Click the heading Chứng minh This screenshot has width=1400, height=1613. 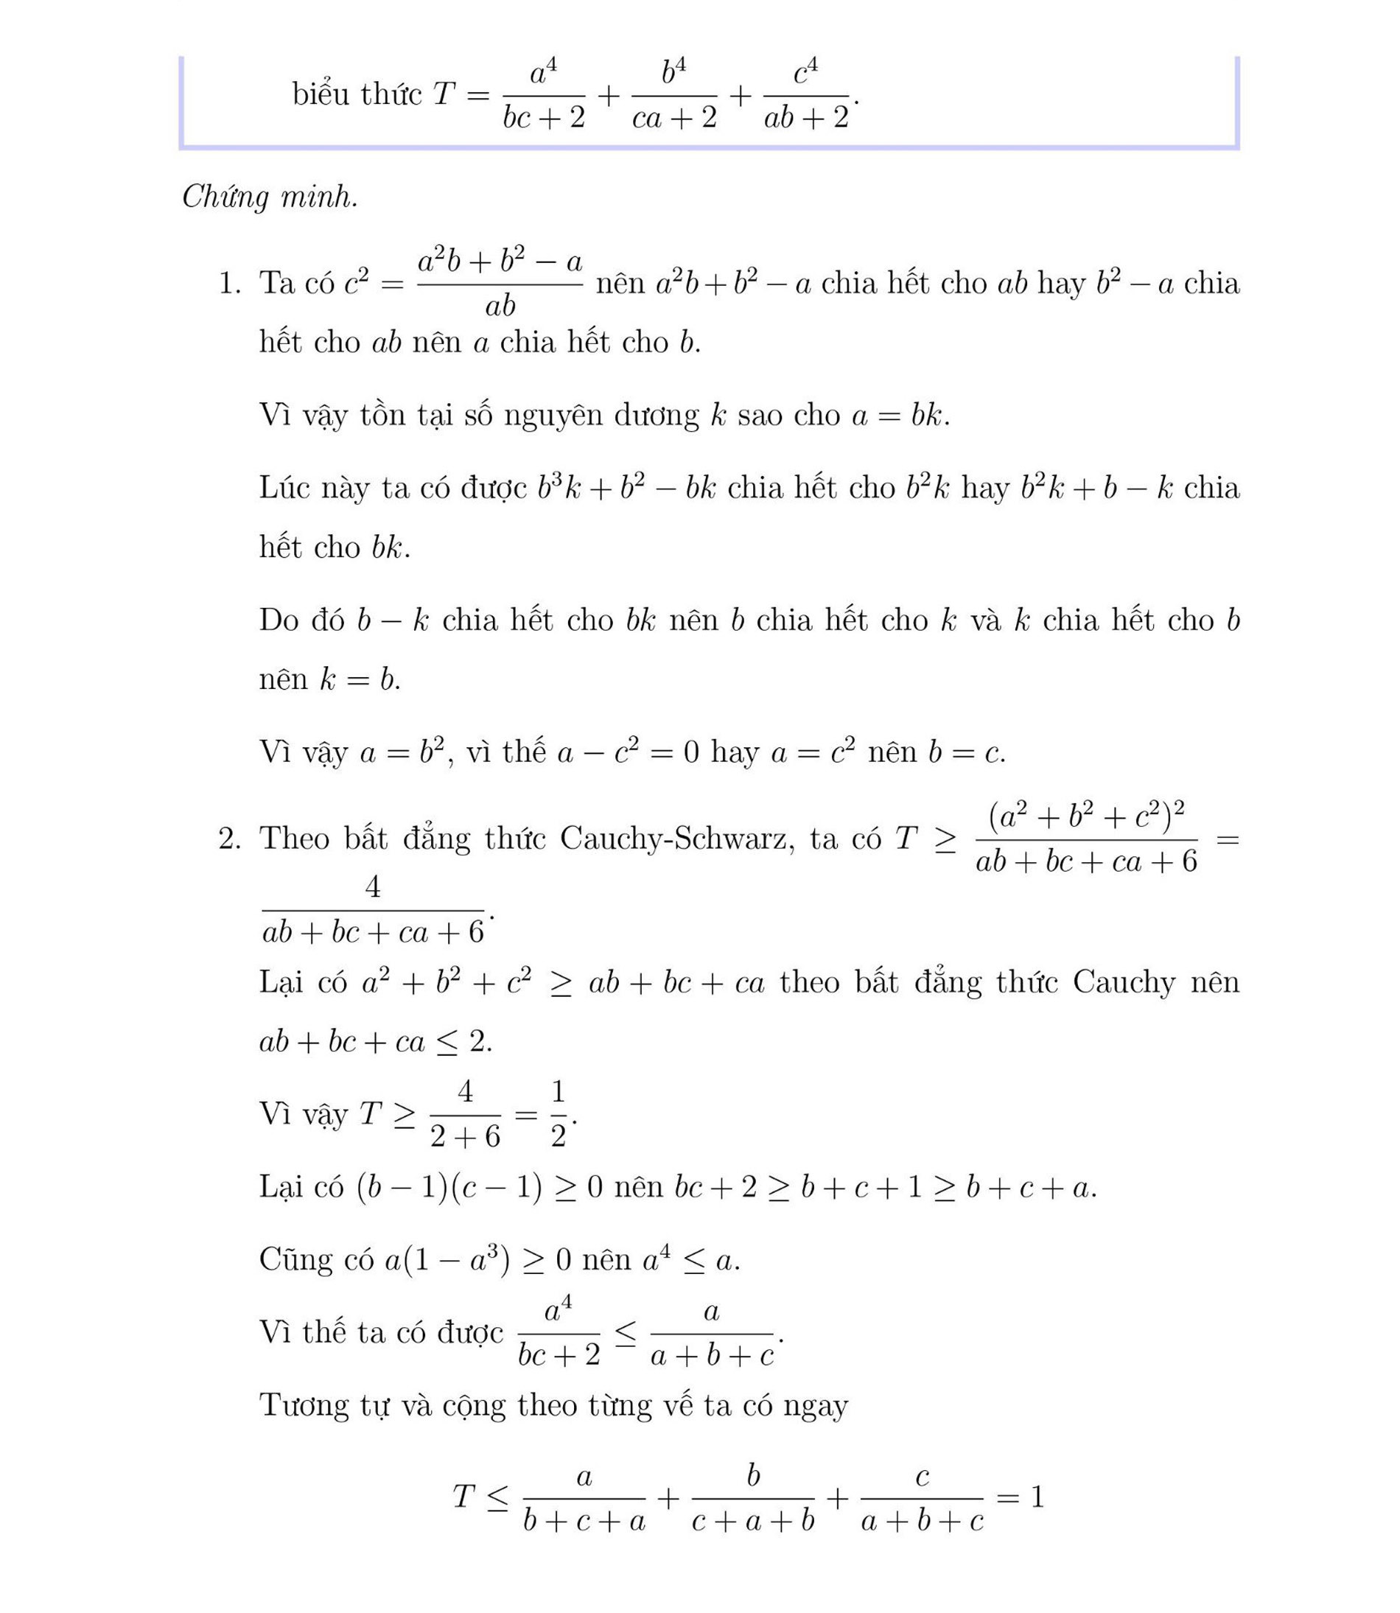point(270,197)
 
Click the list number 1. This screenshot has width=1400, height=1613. point(230,283)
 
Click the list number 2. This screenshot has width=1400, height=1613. point(230,838)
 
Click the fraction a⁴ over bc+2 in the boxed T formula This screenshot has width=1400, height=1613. point(544,95)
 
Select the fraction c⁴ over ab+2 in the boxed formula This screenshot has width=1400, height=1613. point(806,95)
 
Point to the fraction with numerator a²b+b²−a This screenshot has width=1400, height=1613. point(500,283)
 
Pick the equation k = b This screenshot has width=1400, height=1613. point(360,679)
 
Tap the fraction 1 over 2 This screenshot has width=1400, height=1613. point(558,1114)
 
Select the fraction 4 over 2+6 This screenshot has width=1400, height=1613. point(465,1114)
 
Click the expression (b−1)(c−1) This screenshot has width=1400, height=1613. point(449,1187)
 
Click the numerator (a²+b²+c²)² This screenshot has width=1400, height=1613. point(1086,817)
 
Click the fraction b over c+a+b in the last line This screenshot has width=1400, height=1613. point(753,1498)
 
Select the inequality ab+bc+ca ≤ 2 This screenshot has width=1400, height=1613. point(376,1042)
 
